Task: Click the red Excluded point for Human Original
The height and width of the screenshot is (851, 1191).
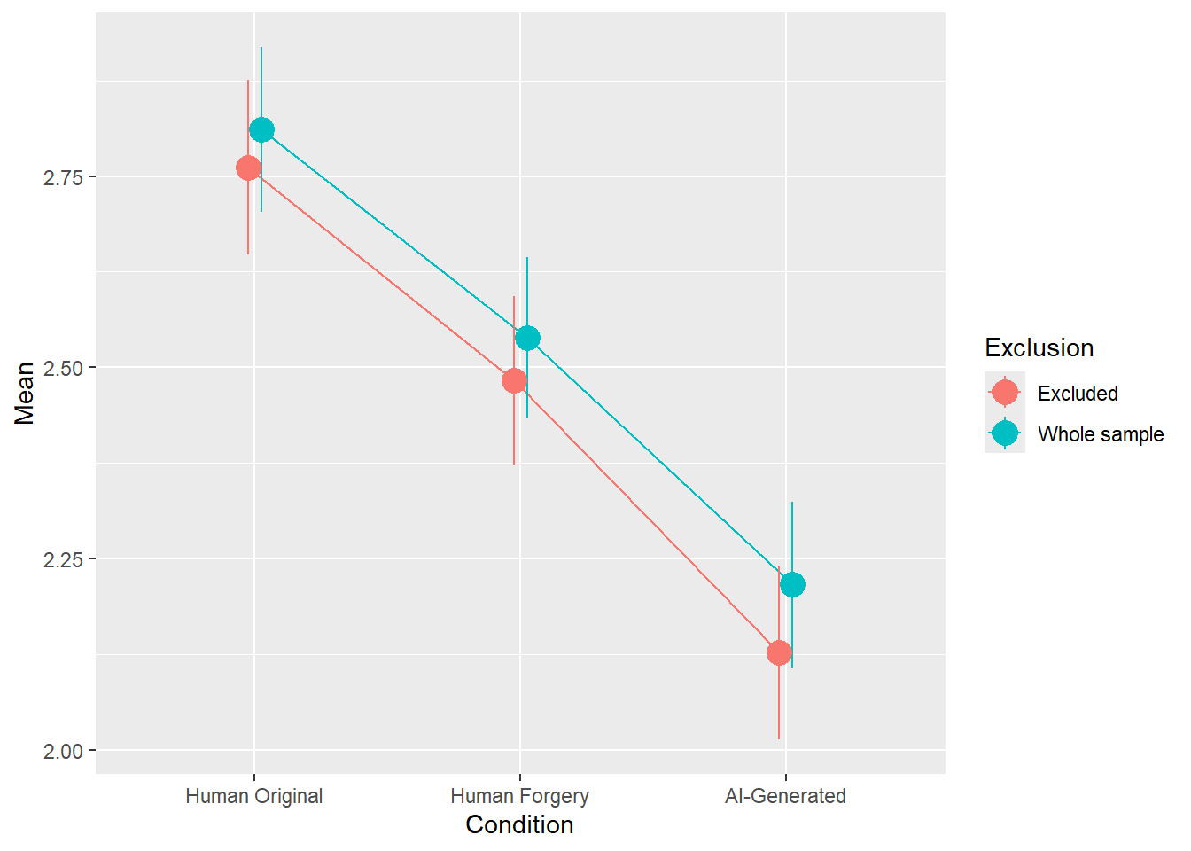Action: (x=248, y=168)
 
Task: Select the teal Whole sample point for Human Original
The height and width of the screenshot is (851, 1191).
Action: (x=261, y=130)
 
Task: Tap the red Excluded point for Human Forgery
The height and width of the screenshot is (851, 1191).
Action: (x=514, y=381)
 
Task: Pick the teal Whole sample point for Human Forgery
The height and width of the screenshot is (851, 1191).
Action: (x=527, y=338)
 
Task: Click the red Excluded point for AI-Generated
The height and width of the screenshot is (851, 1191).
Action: (x=779, y=653)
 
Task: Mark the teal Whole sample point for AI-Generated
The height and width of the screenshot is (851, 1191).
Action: (x=792, y=584)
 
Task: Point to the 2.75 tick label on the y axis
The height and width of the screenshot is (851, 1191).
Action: (x=63, y=177)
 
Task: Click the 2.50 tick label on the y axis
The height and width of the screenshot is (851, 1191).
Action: (x=63, y=368)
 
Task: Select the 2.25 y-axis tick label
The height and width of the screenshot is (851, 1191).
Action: (x=63, y=559)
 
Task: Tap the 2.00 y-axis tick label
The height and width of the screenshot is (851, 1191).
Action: (x=63, y=751)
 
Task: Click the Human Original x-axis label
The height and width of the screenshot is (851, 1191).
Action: (x=254, y=796)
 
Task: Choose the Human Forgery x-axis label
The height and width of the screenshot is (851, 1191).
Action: (x=520, y=796)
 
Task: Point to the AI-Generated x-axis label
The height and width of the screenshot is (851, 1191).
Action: (x=785, y=796)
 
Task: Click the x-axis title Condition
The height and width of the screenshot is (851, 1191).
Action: (x=519, y=825)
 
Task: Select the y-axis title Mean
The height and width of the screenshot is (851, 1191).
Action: (x=25, y=393)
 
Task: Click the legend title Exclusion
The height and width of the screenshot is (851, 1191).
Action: (x=1039, y=347)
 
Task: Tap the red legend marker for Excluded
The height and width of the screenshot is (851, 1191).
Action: (x=1005, y=392)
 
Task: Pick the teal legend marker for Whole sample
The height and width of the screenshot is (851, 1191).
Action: (x=1005, y=433)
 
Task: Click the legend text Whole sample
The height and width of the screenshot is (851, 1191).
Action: (x=1101, y=434)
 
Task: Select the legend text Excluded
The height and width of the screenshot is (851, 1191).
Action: (x=1078, y=394)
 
